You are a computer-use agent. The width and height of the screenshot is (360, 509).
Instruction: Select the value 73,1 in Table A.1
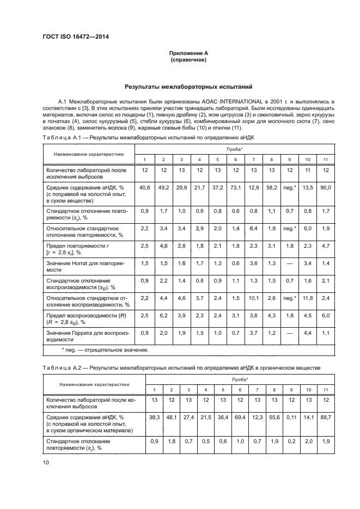click(235, 188)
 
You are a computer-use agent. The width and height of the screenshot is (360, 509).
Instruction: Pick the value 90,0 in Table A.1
click(326, 188)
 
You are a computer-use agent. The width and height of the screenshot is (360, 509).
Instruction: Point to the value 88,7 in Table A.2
click(326, 417)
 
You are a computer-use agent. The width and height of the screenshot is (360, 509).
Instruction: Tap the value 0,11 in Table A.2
click(290, 417)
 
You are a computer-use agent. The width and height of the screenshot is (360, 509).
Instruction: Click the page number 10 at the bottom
click(46, 462)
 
